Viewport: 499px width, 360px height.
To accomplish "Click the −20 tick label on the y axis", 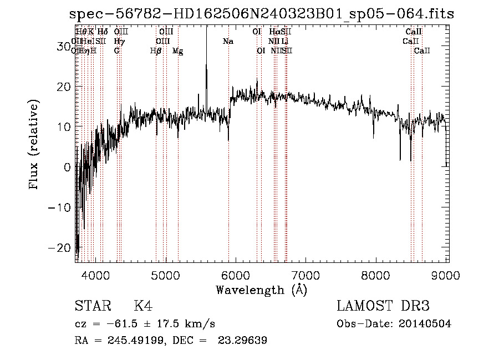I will [60, 247].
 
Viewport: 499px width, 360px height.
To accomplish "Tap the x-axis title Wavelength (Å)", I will [261, 290].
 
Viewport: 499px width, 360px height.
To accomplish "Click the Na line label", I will [228, 42].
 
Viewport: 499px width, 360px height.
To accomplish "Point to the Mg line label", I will [178, 51].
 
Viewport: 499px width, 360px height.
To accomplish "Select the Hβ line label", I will [156, 51].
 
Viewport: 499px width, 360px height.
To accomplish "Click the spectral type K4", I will [143, 306].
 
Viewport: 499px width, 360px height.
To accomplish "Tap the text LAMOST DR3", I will [383, 306].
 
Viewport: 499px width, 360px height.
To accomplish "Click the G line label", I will [117, 51].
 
